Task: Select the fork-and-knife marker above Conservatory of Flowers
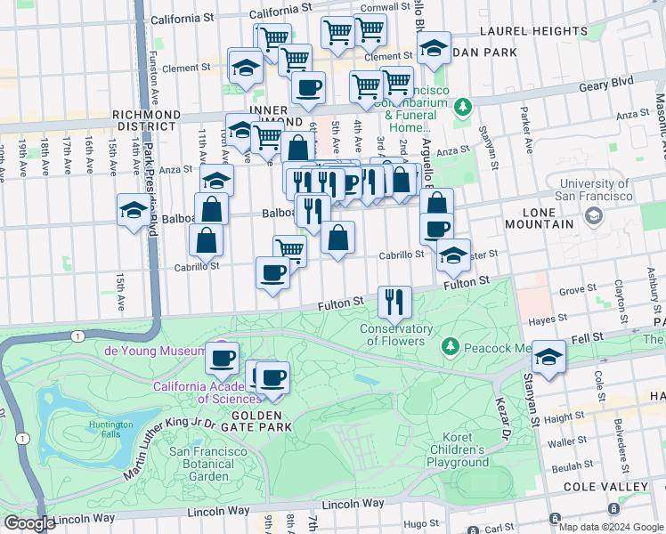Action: coord(394,303)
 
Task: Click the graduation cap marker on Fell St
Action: coord(549,358)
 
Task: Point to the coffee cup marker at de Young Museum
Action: coord(223,358)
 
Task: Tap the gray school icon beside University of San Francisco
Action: coord(593,215)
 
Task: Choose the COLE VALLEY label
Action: coord(605,487)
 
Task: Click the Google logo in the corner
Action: coord(28,522)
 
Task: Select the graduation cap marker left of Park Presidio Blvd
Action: coord(133,212)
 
